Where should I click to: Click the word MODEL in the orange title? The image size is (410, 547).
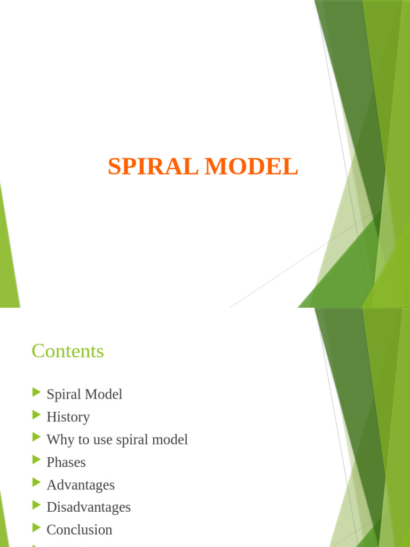point(252,166)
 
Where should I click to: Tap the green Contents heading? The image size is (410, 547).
point(68,351)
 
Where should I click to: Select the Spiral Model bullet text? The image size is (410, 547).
point(84,394)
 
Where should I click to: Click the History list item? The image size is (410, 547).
point(68,417)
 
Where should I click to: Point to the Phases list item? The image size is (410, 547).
point(66,462)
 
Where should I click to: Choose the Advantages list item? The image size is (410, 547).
point(81,485)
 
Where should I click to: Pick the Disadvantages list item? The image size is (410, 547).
point(89,507)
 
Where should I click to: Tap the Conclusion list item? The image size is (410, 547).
point(80,530)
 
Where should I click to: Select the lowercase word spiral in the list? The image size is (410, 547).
point(132,440)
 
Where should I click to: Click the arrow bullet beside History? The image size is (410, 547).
point(37,415)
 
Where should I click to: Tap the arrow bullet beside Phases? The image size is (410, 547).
point(37,460)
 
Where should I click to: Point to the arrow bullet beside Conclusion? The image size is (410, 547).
point(37,528)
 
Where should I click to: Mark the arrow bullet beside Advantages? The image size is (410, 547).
point(37,482)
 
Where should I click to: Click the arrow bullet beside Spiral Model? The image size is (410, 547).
point(37,392)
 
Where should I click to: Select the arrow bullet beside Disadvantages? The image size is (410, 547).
point(37,505)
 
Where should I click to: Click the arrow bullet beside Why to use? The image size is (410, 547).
point(37,437)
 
